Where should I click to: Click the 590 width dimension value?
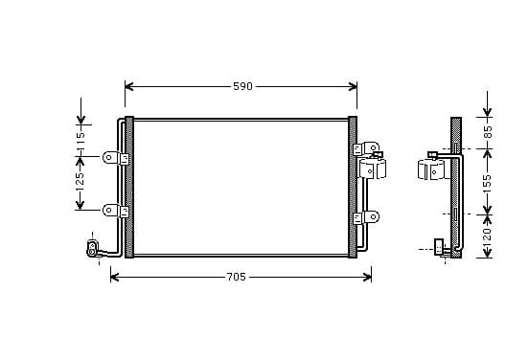click(242, 86)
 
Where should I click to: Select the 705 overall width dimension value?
click(236, 277)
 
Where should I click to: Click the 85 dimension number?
click(488, 131)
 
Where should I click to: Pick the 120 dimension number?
click(487, 236)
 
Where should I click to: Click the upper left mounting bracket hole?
click(108, 157)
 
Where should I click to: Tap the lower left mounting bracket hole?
click(108, 211)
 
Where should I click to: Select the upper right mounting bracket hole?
click(374, 147)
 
